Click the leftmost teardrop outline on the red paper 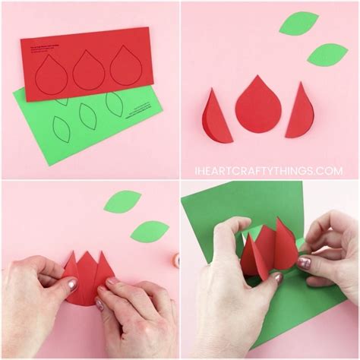(55, 72)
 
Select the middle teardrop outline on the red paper (90, 69)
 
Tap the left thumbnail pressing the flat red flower (72, 286)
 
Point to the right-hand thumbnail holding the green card (304, 263)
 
